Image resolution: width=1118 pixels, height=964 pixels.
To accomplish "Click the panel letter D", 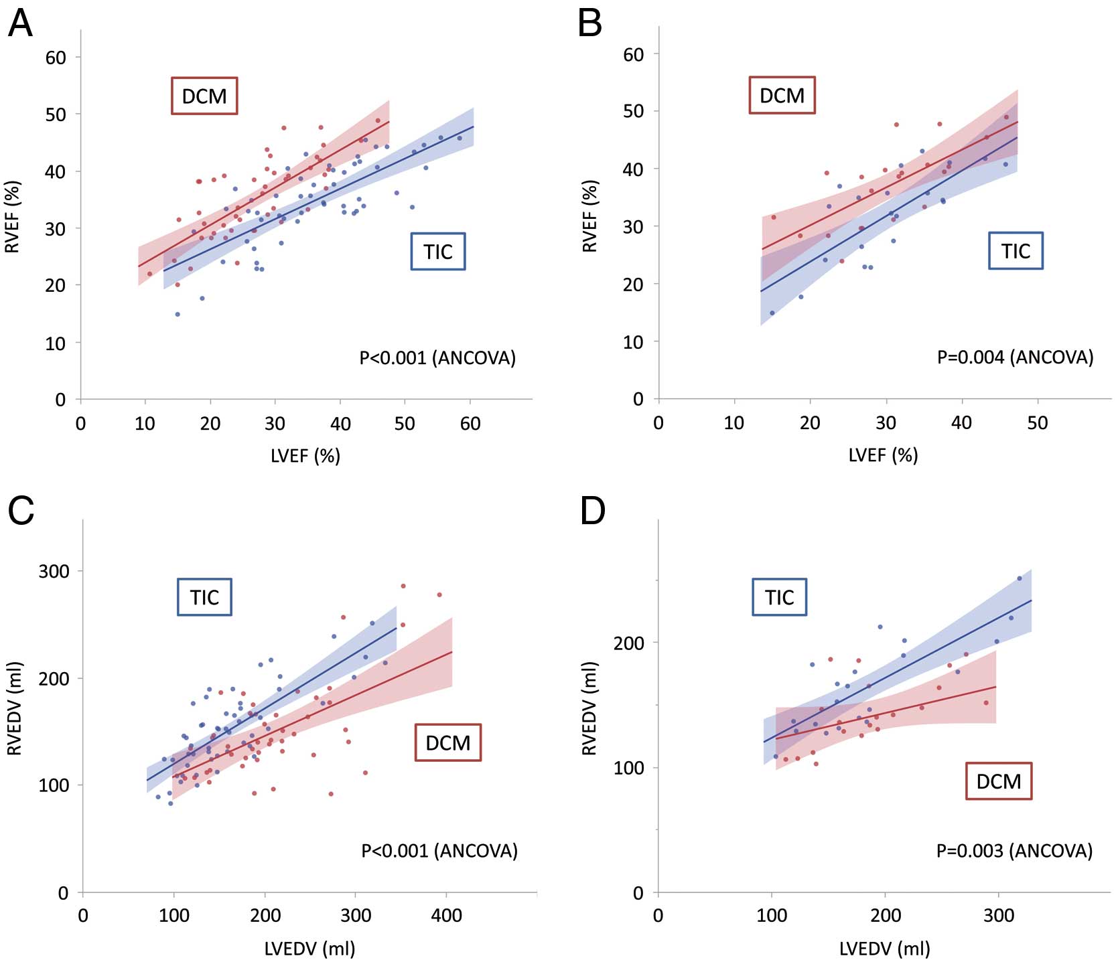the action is click(x=593, y=511).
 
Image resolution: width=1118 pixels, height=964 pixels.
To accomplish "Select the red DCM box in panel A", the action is click(x=204, y=96).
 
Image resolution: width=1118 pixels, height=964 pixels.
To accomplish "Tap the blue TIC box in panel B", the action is click(x=1016, y=251).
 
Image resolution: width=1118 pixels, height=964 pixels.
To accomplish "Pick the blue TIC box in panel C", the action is click(x=204, y=596).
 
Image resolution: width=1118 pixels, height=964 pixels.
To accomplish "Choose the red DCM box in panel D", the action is click(x=999, y=781).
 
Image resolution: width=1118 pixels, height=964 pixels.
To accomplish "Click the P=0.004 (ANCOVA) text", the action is click(x=1015, y=357).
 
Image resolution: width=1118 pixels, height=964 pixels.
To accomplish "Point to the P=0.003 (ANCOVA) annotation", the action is click(x=1014, y=851).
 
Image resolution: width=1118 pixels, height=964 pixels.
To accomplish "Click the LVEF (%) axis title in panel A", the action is click(x=305, y=456).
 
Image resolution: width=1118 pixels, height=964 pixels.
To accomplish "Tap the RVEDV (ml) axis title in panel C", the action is click(x=15, y=708).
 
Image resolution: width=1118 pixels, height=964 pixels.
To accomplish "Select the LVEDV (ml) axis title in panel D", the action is click(x=884, y=948).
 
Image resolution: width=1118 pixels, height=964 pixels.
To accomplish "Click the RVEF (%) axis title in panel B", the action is click(x=589, y=216).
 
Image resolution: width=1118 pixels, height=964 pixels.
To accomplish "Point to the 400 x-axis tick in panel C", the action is click(x=446, y=914).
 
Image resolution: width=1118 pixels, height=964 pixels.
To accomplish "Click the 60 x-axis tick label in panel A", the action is click(x=470, y=424).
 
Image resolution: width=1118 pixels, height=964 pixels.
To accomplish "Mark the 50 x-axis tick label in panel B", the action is click(x=1038, y=422).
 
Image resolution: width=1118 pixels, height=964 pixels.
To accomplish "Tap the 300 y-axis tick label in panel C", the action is click(x=54, y=571).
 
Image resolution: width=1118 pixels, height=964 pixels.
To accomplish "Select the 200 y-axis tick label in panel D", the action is click(x=629, y=643).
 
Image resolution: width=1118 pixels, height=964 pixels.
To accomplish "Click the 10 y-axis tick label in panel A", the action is click(x=56, y=343).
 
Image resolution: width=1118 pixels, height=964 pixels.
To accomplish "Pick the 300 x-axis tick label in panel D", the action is click(x=999, y=914).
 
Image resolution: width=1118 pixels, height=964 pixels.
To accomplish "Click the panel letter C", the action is click(x=21, y=511).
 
